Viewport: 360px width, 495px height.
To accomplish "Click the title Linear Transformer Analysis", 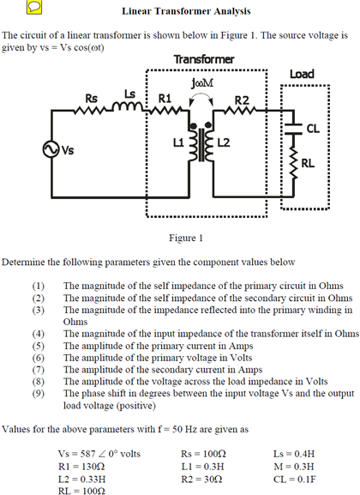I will click(x=186, y=11).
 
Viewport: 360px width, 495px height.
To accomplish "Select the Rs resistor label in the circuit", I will click(x=91, y=98).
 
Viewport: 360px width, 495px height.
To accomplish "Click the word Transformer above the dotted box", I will click(x=203, y=59).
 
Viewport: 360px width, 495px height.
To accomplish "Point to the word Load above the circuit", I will click(x=302, y=75).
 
